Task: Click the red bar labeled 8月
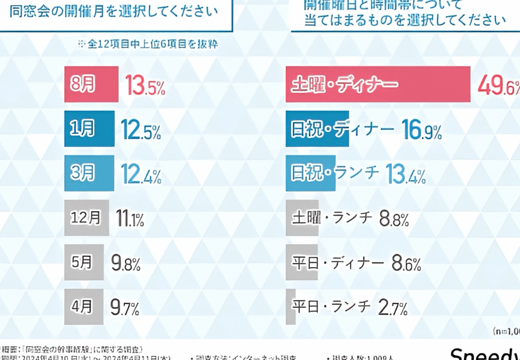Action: point(91,84)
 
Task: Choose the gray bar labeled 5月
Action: point(84,263)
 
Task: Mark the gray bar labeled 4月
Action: point(84,307)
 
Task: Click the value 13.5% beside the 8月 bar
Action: point(146,87)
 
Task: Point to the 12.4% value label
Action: point(141,175)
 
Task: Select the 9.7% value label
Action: point(125,307)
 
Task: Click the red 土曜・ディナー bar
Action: point(378,84)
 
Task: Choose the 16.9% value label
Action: point(421,130)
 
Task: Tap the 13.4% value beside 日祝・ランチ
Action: point(405,175)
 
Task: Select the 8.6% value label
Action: point(406,263)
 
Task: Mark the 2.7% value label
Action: point(393,307)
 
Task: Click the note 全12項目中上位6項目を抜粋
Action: point(148,44)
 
